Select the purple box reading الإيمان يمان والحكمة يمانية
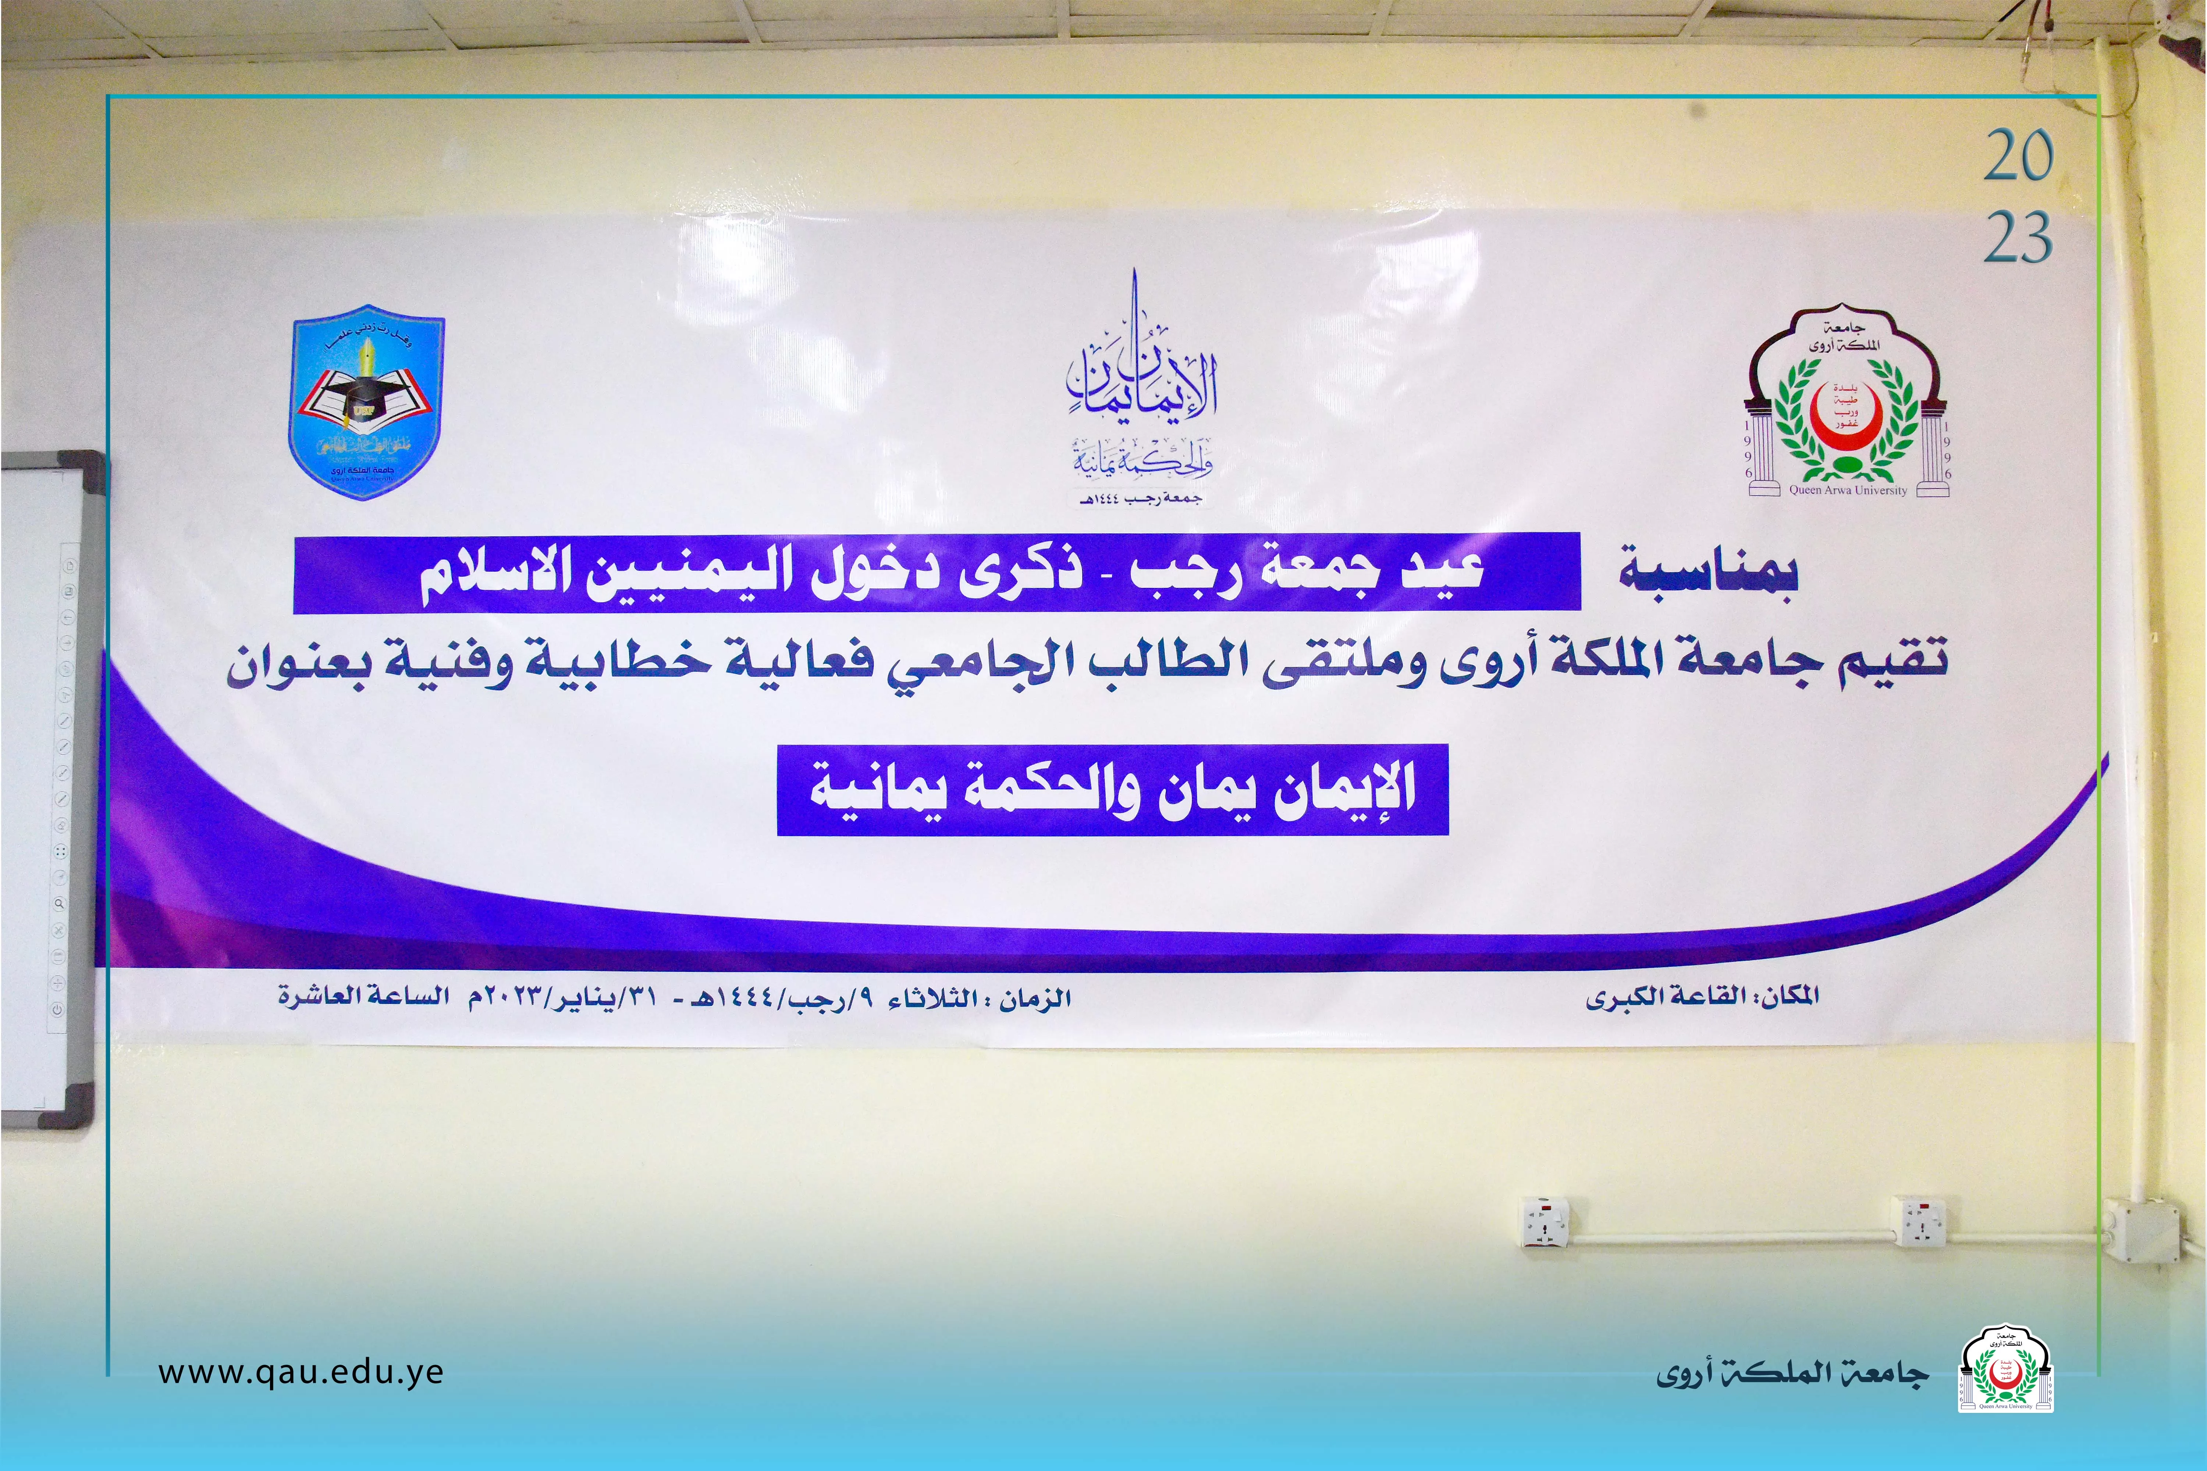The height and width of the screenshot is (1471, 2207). click(x=1113, y=790)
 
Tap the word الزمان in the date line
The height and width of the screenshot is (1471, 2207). click(x=1034, y=998)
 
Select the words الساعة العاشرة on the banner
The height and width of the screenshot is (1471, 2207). click(x=364, y=995)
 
